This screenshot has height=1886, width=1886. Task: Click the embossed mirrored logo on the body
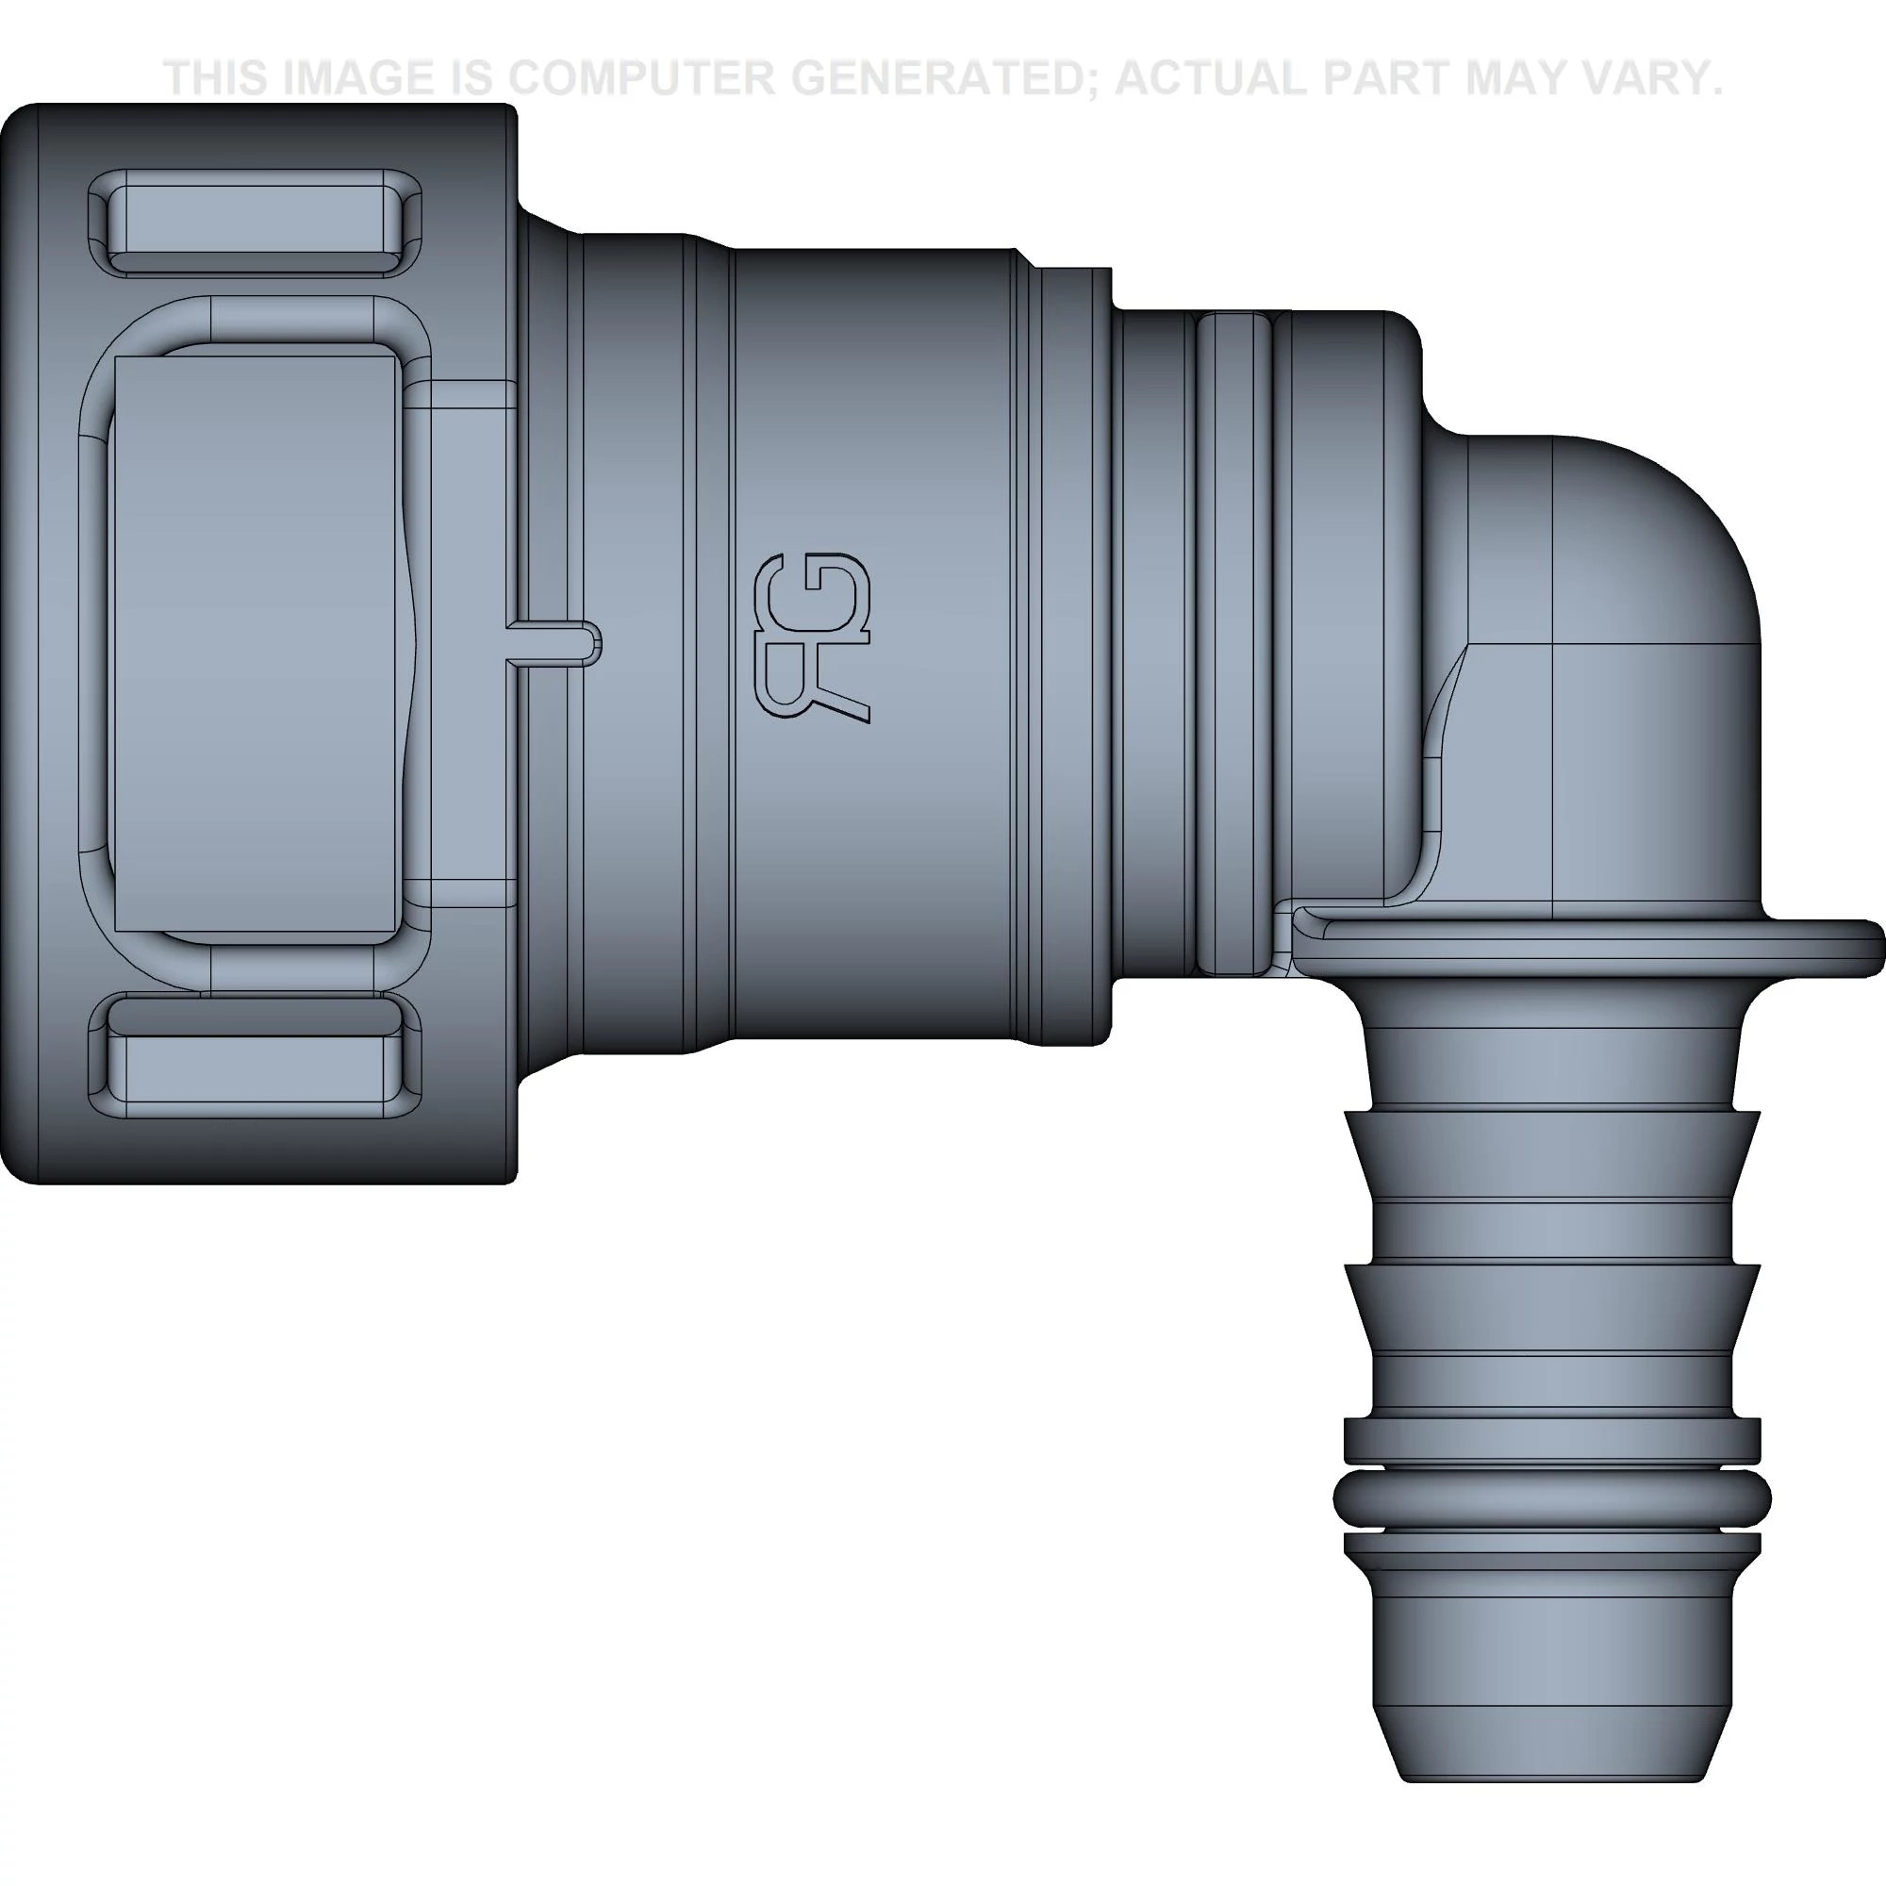(813, 638)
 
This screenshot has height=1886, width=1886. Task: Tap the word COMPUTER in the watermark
(648, 78)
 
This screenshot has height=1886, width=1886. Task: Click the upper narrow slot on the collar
(256, 222)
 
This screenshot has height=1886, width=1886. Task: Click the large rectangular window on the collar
(256, 642)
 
